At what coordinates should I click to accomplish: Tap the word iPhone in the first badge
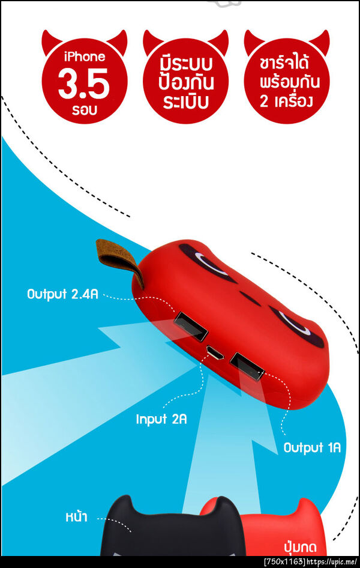[x=85, y=57]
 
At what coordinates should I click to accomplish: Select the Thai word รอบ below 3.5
[x=85, y=110]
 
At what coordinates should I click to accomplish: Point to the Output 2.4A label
[x=62, y=294]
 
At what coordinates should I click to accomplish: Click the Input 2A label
[x=161, y=419]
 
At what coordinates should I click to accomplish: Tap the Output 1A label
[x=312, y=448]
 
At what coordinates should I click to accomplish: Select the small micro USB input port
[x=215, y=352]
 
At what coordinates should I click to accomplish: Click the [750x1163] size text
[x=285, y=563]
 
